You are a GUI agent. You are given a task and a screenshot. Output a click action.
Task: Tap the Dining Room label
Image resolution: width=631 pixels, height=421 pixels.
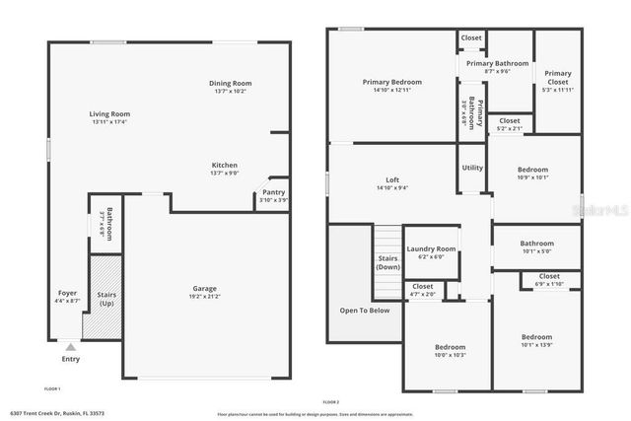(230, 83)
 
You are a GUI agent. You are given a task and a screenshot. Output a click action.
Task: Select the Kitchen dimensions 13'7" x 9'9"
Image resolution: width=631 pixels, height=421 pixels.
(224, 174)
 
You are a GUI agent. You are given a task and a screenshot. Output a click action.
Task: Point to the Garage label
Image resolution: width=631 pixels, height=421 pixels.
(205, 288)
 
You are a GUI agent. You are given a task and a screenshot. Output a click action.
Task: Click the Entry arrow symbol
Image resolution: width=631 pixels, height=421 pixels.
(69, 347)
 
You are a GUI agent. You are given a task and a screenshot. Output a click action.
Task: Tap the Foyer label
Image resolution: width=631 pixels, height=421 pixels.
(67, 292)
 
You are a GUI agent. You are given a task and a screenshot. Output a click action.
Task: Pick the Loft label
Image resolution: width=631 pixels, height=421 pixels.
(391, 179)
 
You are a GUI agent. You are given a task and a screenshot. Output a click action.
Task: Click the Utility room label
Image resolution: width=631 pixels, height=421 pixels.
(472, 168)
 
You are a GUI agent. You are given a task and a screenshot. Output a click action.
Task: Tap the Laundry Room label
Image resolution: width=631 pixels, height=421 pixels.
(431, 249)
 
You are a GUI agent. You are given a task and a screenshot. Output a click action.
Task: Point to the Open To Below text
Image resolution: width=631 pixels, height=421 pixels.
(364, 310)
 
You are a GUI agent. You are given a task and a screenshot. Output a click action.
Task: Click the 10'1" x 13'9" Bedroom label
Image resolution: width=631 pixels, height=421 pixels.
(536, 337)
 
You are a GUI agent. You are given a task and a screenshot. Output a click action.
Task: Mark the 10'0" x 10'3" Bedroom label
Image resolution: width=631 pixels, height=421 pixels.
(450, 347)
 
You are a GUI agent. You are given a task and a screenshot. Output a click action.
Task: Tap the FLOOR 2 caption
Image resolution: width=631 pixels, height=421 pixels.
(331, 402)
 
